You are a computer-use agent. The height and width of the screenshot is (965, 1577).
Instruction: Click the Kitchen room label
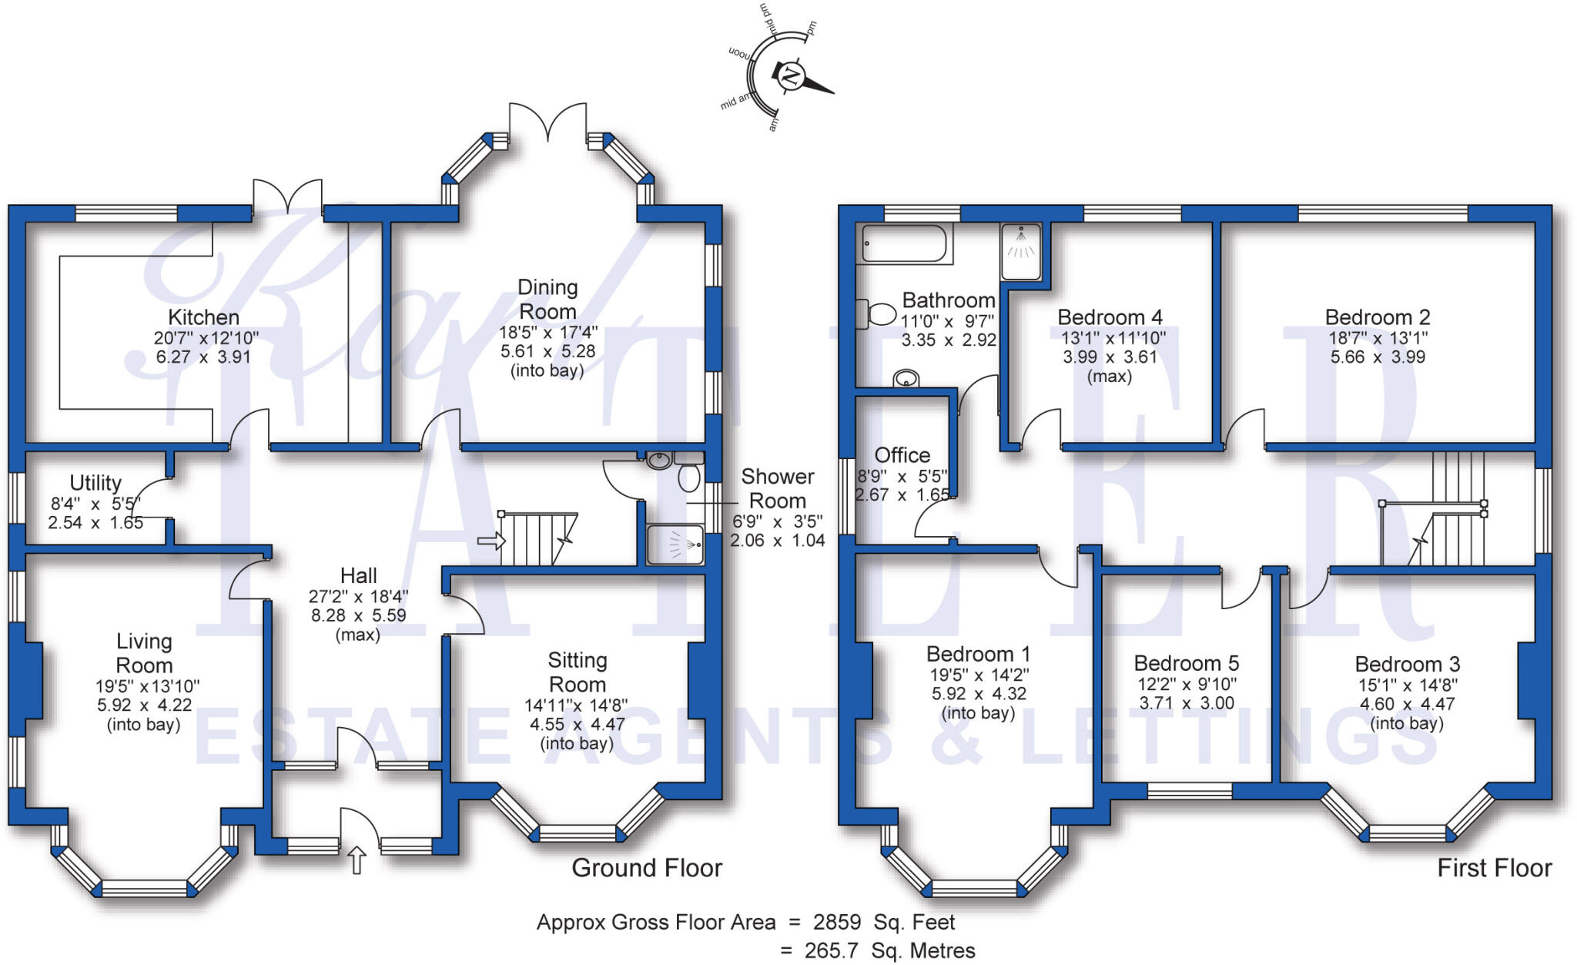(x=203, y=317)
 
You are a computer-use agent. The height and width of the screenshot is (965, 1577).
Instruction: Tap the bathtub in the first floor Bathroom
(x=904, y=243)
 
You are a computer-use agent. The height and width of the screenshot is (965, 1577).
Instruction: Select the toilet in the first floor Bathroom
(x=875, y=313)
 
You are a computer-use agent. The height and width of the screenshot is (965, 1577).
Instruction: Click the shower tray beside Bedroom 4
(x=1021, y=251)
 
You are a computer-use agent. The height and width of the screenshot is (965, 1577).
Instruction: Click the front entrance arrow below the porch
(x=357, y=859)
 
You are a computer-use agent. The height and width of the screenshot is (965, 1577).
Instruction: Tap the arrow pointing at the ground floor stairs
(x=490, y=541)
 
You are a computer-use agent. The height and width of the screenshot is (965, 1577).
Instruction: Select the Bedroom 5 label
(x=1186, y=663)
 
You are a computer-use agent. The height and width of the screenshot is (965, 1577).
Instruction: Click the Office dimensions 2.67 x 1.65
(x=902, y=494)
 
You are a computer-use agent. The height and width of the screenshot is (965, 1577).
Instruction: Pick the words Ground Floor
(x=646, y=868)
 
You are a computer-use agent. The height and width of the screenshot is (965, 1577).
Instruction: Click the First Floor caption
(x=1494, y=868)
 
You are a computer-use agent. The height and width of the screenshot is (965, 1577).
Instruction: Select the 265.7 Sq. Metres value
(x=889, y=950)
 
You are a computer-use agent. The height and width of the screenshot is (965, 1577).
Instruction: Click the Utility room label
(x=95, y=483)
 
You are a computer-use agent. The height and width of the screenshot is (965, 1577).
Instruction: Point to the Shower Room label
(x=777, y=488)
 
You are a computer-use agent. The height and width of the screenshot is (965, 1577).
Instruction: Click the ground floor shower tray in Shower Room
(x=675, y=544)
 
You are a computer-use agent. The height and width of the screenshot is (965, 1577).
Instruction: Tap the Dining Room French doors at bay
(x=547, y=123)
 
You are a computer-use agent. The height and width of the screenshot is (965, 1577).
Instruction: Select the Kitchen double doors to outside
(x=287, y=196)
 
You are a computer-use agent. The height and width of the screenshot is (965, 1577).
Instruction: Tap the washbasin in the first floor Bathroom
(x=906, y=379)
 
